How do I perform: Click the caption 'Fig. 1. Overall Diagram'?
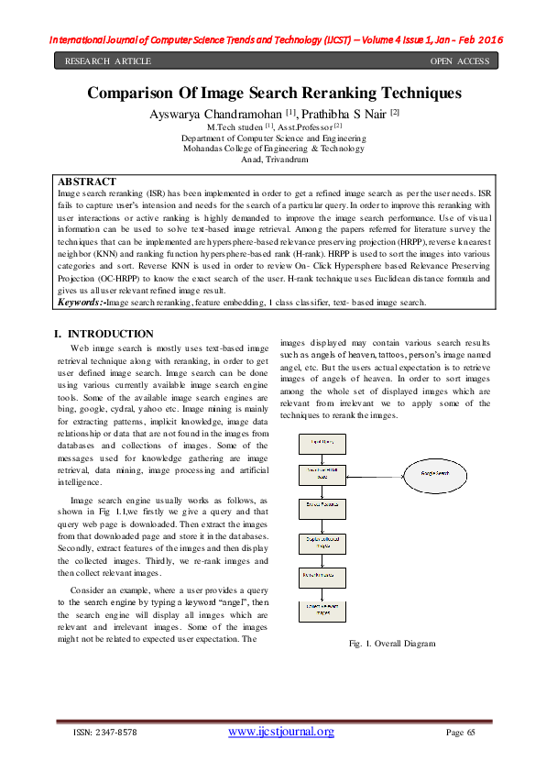pos(392,645)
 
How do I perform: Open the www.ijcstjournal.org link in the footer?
pos(280,732)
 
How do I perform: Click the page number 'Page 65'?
pos(461,733)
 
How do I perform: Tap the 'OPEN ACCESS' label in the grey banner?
pos(460,61)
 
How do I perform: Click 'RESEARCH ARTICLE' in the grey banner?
pos(107,61)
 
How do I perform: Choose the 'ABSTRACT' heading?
pos(87,182)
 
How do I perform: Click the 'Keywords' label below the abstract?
pos(81,302)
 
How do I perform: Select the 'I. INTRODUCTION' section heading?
pos(104,334)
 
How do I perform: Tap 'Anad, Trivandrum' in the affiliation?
pos(274,159)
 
